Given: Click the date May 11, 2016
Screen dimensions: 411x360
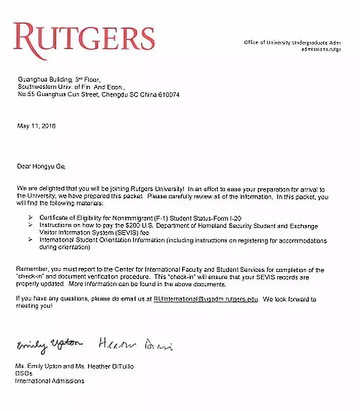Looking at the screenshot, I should (36, 126).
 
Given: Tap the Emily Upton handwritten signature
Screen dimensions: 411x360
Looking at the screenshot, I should (49, 345).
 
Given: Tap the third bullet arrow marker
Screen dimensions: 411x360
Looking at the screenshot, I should (28, 240).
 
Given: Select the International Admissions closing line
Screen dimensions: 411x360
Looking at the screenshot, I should (50, 381).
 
